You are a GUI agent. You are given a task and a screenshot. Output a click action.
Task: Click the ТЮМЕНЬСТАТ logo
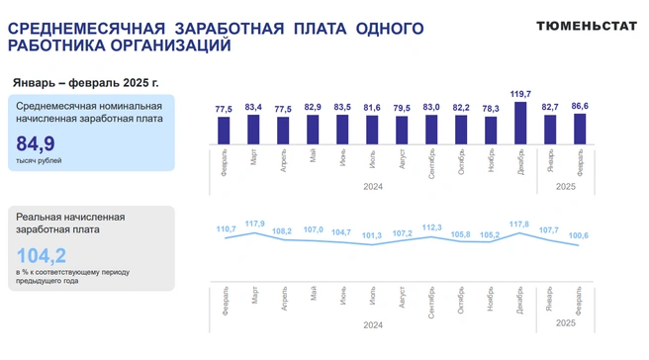tap(587, 26)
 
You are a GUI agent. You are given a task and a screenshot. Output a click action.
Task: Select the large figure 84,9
tap(36, 144)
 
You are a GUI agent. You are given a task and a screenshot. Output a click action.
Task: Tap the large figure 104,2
tap(41, 256)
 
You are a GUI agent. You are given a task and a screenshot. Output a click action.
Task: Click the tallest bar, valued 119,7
tap(520, 124)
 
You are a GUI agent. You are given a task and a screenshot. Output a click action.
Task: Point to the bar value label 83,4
tap(253, 107)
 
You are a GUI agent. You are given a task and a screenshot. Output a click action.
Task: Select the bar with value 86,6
tap(580, 130)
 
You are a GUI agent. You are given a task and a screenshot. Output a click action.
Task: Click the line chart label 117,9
tap(255, 224)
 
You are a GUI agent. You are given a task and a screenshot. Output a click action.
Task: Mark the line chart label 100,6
tap(579, 235)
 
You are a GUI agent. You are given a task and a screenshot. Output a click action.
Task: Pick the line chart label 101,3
tap(372, 235)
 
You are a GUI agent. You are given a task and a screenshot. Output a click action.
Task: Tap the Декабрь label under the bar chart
tap(520, 162)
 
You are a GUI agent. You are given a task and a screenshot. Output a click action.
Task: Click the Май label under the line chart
tap(314, 294)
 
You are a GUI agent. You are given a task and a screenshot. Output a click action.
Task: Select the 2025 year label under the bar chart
tap(566, 187)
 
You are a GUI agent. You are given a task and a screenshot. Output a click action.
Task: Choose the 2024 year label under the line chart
tap(373, 325)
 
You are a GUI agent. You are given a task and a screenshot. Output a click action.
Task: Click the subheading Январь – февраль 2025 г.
tap(86, 83)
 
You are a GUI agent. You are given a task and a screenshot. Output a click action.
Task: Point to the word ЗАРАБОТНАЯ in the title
tap(230, 29)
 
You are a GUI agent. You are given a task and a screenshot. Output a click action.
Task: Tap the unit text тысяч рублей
tap(39, 160)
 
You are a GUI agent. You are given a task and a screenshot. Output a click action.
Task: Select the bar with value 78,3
tap(491, 131)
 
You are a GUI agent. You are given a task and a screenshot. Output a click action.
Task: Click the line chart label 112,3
tap(431, 227)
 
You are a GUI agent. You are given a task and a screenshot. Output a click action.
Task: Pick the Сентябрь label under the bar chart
tap(431, 164)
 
